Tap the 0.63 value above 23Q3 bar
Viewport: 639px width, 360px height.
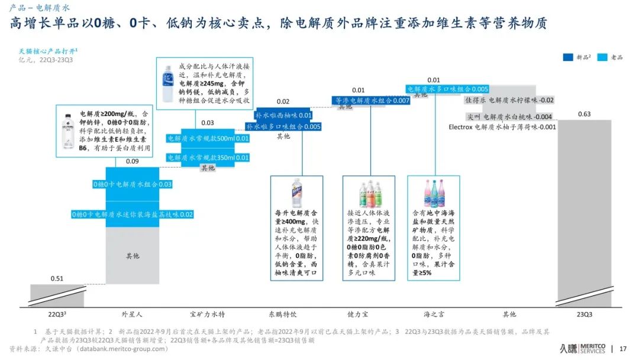point(584,114)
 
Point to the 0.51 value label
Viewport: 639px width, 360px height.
point(57,279)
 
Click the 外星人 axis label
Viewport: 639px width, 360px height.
point(132,314)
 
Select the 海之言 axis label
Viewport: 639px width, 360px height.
point(434,314)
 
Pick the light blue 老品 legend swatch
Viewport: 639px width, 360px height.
point(603,57)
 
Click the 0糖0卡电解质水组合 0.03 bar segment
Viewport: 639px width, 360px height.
point(133,185)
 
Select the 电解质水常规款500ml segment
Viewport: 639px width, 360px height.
point(208,139)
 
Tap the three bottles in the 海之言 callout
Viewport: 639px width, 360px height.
point(434,193)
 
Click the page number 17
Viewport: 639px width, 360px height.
point(622,349)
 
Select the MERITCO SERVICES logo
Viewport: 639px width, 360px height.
point(586,348)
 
